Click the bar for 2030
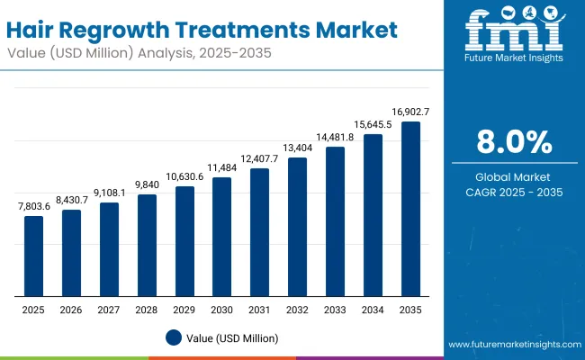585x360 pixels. click(x=221, y=237)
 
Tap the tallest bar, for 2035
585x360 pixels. click(x=410, y=209)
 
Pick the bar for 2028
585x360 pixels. click(x=147, y=245)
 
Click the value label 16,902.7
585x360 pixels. click(x=410, y=112)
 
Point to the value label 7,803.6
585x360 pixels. click(x=34, y=206)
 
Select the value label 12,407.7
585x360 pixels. click(x=259, y=158)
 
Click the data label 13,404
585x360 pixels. click(x=297, y=148)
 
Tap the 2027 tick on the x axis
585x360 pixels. click(x=109, y=309)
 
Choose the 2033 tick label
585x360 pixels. click(x=335, y=309)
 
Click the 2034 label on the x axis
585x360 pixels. click(x=373, y=309)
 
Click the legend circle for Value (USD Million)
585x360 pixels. click(x=174, y=338)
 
